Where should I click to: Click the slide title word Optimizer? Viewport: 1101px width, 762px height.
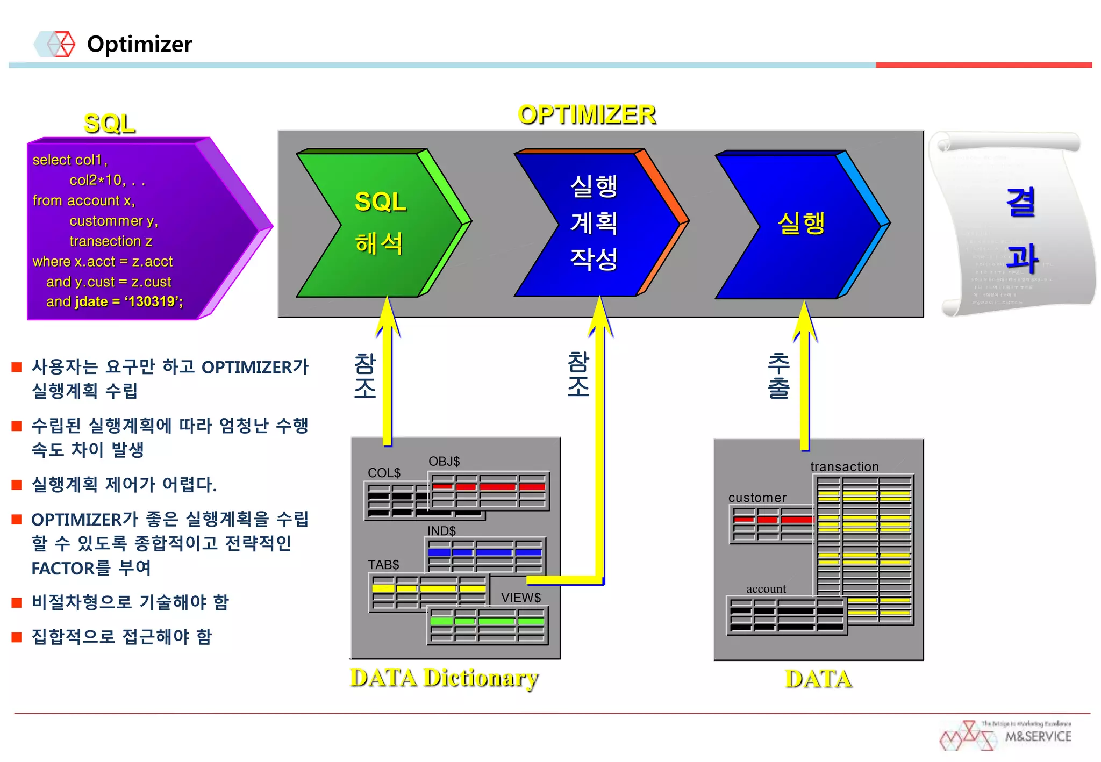click(x=139, y=44)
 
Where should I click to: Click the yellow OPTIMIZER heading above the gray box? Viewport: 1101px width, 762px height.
click(x=587, y=114)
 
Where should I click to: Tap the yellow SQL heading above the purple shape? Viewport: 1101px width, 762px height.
click(x=110, y=124)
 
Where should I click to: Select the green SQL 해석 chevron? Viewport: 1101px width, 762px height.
click(x=380, y=223)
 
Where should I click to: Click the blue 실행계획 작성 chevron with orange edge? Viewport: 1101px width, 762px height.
click(x=594, y=223)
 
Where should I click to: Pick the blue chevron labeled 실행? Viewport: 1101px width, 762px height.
click(x=800, y=224)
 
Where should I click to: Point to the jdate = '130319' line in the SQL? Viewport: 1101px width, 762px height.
click(x=114, y=301)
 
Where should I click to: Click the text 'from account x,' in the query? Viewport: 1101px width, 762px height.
click(x=83, y=200)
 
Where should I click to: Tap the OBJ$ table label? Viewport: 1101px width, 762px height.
click(x=444, y=462)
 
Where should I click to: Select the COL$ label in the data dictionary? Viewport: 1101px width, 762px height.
click(x=384, y=473)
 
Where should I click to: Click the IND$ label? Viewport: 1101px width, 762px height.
click(x=441, y=531)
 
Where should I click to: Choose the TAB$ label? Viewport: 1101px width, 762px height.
click(x=383, y=565)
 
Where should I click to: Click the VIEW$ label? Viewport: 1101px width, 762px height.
click(x=520, y=598)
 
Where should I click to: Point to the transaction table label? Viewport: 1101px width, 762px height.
click(x=844, y=466)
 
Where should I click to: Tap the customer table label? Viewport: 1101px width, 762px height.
click(x=757, y=498)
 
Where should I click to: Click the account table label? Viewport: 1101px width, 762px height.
click(x=766, y=589)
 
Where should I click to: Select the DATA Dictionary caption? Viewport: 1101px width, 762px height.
click(x=444, y=678)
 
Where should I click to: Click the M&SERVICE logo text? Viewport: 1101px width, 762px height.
click(x=1038, y=736)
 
